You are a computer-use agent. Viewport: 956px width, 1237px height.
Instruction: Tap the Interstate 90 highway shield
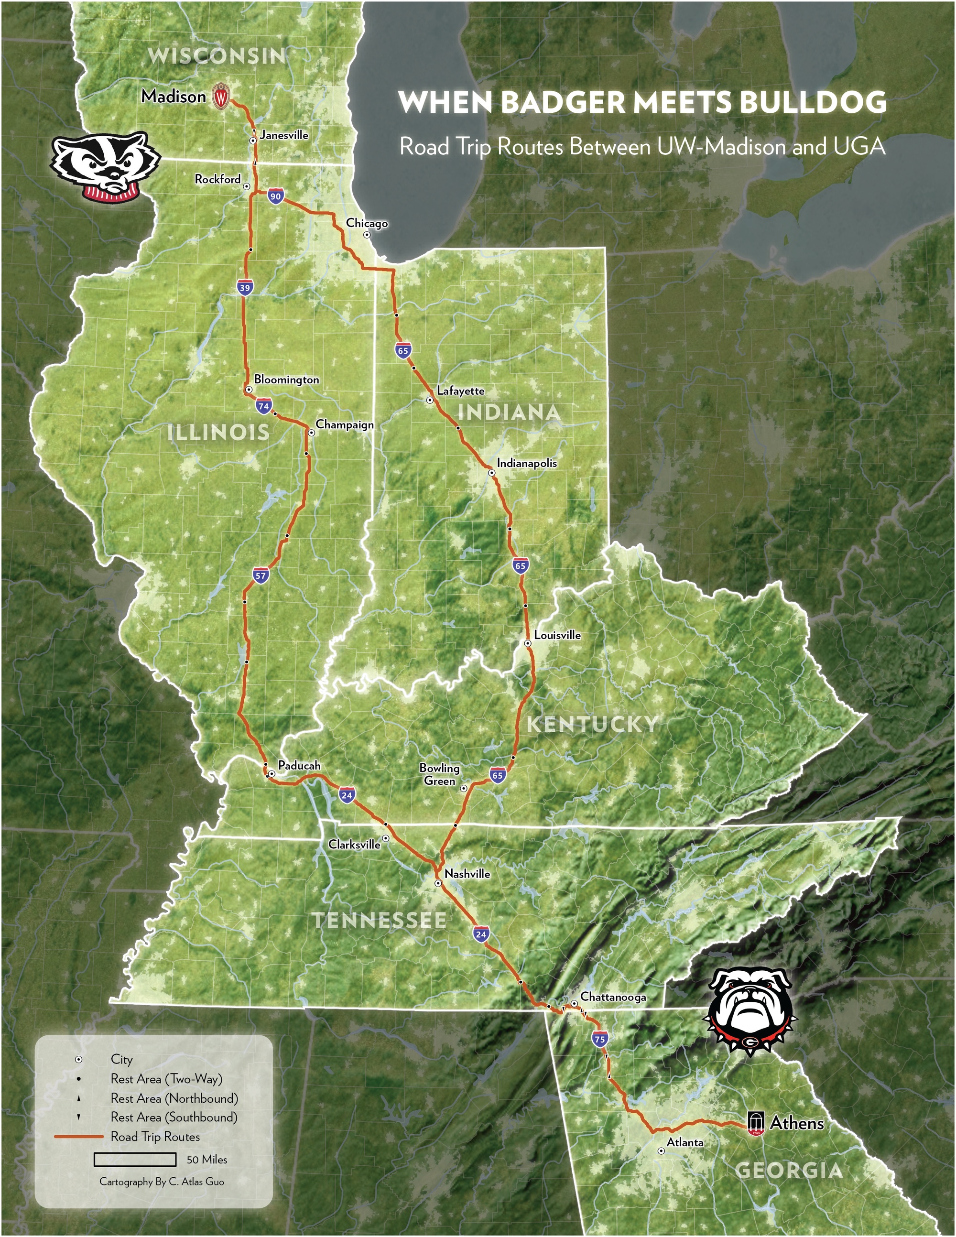(275, 196)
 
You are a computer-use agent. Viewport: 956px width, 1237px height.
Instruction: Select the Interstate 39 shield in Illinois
(245, 288)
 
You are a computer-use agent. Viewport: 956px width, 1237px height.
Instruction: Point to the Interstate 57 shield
(260, 576)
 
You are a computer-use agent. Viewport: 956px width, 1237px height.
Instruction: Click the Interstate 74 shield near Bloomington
(263, 406)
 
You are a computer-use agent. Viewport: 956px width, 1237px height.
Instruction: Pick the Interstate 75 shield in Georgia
(600, 1039)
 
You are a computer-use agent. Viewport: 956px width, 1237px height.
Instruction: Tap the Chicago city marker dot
(367, 234)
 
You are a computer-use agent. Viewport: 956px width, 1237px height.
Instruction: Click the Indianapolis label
(527, 463)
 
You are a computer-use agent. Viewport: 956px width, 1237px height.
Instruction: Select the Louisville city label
(557, 636)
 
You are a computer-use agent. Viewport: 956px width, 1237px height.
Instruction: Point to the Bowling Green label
(439, 774)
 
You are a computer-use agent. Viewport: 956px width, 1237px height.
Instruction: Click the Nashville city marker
(438, 883)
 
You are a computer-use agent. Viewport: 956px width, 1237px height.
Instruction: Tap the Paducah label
(299, 766)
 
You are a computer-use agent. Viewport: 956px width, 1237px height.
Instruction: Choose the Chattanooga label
(613, 997)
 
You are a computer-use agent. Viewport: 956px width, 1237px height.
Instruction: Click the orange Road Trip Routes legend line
(79, 1137)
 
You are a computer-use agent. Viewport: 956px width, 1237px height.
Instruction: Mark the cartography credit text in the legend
(162, 1182)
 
